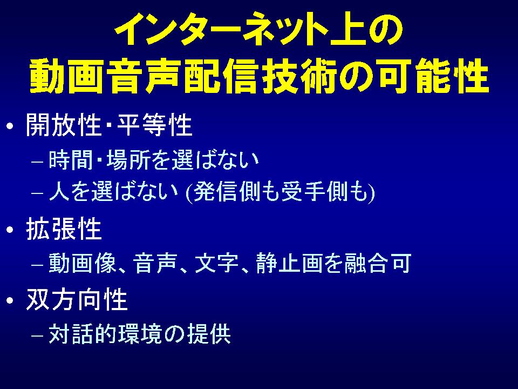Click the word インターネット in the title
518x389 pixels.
point(221,30)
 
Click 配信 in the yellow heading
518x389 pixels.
point(221,76)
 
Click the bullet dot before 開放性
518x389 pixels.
point(10,126)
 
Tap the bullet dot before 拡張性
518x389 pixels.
point(10,230)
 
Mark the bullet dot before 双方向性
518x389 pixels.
point(10,300)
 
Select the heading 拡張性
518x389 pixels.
point(64,229)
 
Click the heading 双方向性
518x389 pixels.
point(77,299)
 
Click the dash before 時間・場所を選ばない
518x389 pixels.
point(37,163)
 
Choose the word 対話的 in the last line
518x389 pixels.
point(81,334)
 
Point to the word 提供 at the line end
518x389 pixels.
point(209,334)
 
